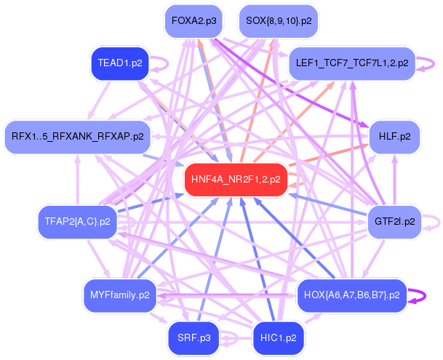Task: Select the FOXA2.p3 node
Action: [x=193, y=21]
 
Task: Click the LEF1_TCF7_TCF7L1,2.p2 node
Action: [x=352, y=63]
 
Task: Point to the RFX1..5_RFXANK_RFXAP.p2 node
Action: [x=77, y=136]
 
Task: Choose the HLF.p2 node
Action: [x=395, y=136]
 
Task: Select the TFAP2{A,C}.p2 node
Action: [x=77, y=221]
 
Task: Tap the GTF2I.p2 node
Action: [x=395, y=221]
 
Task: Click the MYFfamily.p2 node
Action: [x=120, y=295]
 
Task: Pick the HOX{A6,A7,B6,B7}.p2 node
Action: [x=351, y=295]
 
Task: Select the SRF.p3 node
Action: [x=193, y=337]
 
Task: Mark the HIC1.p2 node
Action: [x=279, y=337]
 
